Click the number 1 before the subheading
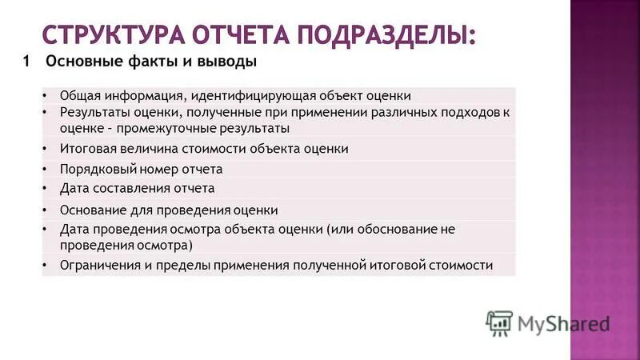(x=27, y=61)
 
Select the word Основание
(x=90, y=210)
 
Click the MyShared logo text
(x=563, y=323)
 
